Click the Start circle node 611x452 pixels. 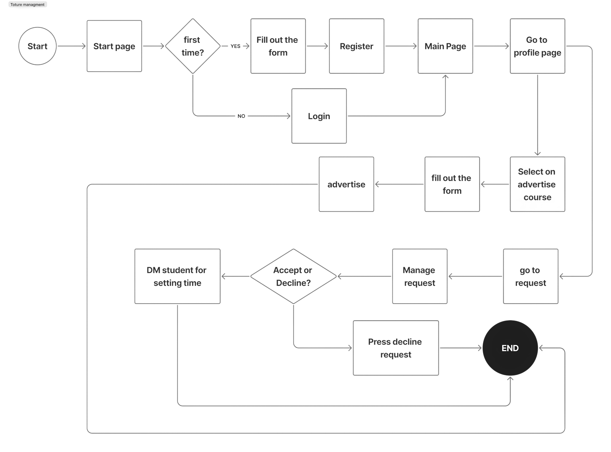(38, 46)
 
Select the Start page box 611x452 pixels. (114, 46)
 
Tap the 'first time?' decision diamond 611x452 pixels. (193, 46)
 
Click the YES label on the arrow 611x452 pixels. (235, 46)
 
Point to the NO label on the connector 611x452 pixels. (241, 116)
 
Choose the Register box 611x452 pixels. (357, 46)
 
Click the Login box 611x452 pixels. (319, 116)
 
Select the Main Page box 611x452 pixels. (445, 46)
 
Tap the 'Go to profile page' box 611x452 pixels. (537, 46)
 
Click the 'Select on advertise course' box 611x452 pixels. (537, 184)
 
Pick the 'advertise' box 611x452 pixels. (346, 184)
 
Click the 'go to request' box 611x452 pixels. (530, 276)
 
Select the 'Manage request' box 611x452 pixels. (419, 276)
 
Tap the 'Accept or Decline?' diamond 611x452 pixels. (293, 276)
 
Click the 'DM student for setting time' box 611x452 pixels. (177, 276)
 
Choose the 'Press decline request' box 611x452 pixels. (396, 348)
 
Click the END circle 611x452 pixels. (510, 348)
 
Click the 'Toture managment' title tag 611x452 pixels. (27, 5)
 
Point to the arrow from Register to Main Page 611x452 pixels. (401, 46)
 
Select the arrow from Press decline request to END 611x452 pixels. (460, 348)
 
